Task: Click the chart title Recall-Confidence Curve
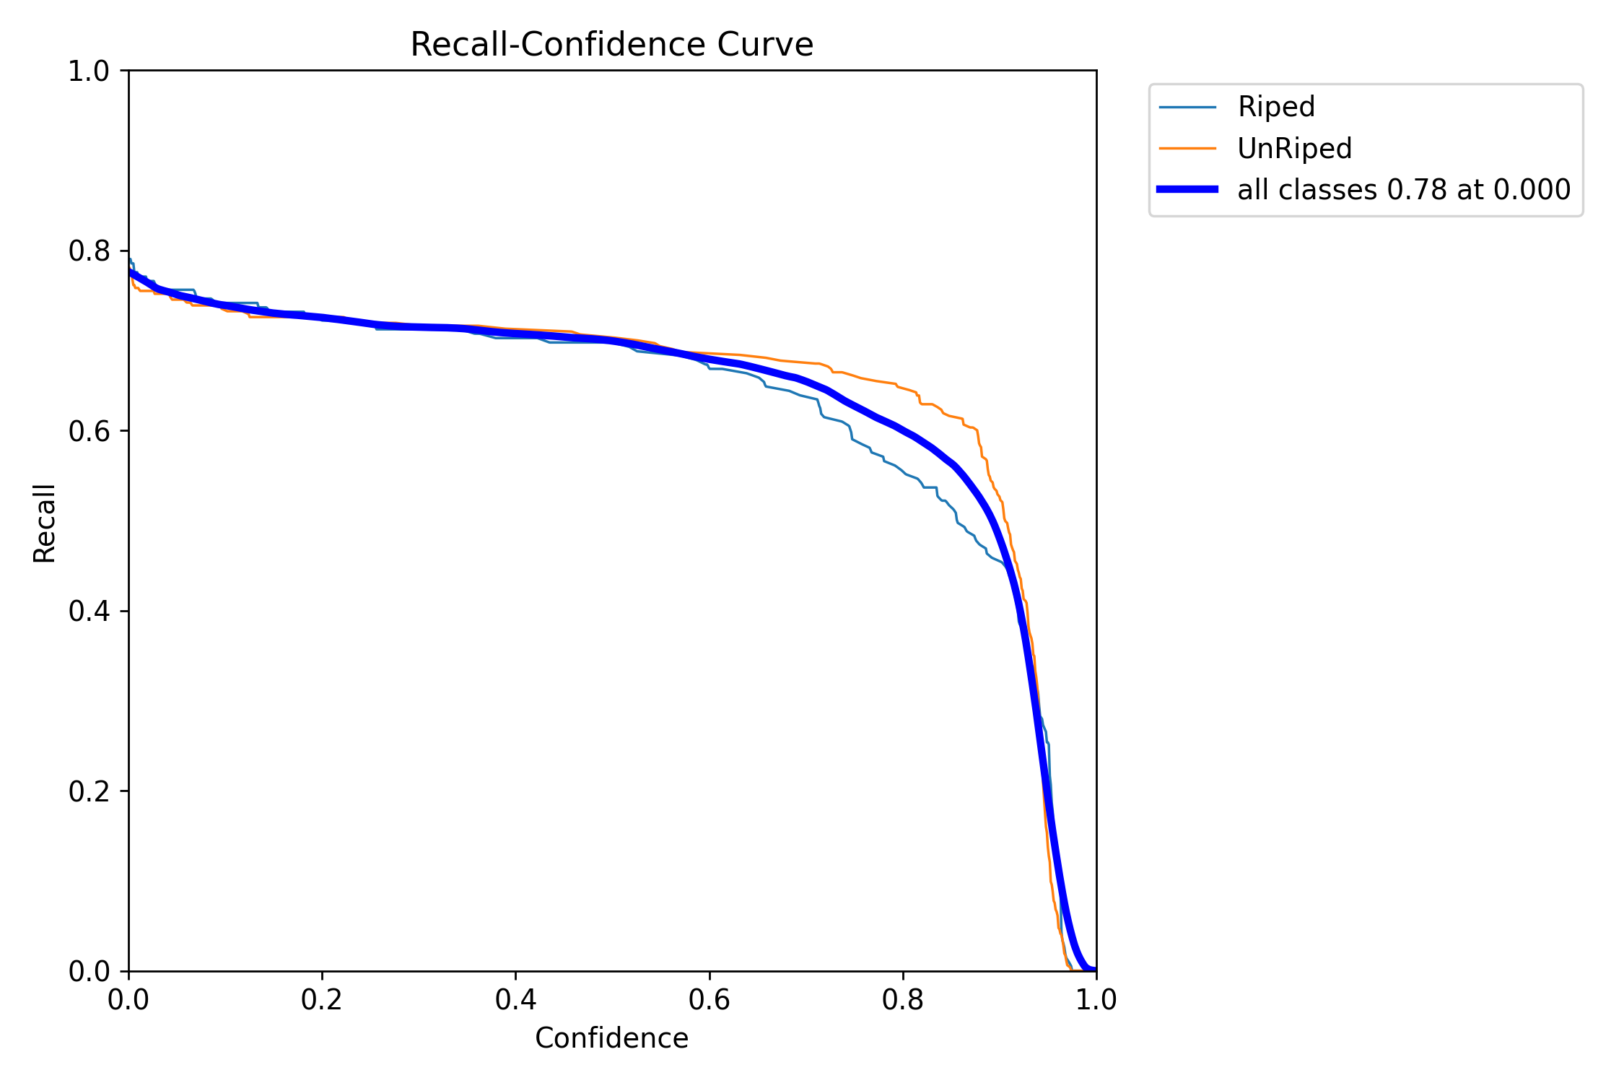pyautogui.click(x=611, y=45)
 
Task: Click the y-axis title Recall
pyautogui.click(x=45, y=523)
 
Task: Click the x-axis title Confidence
pyautogui.click(x=611, y=1038)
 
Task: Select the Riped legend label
pyautogui.click(x=1275, y=107)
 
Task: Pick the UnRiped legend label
pyautogui.click(x=1294, y=149)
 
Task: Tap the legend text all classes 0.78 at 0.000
pyautogui.click(x=1404, y=190)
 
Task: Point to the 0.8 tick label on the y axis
pyautogui.click(x=89, y=251)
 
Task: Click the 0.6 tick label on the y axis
pyautogui.click(x=89, y=431)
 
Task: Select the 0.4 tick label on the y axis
pyautogui.click(x=89, y=611)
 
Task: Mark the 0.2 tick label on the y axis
pyautogui.click(x=89, y=791)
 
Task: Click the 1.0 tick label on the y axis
pyautogui.click(x=89, y=71)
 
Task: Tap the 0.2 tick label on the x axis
pyautogui.click(x=322, y=1000)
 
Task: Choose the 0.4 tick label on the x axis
pyautogui.click(x=515, y=1000)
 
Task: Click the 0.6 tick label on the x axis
pyautogui.click(x=710, y=1000)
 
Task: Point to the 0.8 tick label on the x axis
pyautogui.click(x=903, y=1000)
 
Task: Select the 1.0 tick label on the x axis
pyautogui.click(x=1096, y=1000)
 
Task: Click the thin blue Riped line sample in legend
pyautogui.click(x=1187, y=108)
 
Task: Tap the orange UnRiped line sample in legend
pyautogui.click(x=1187, y=149)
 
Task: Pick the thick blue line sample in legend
pyautogui.click(x=1187, y=190)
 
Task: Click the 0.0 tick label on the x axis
pyautogui.click(x=128, y=1000)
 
